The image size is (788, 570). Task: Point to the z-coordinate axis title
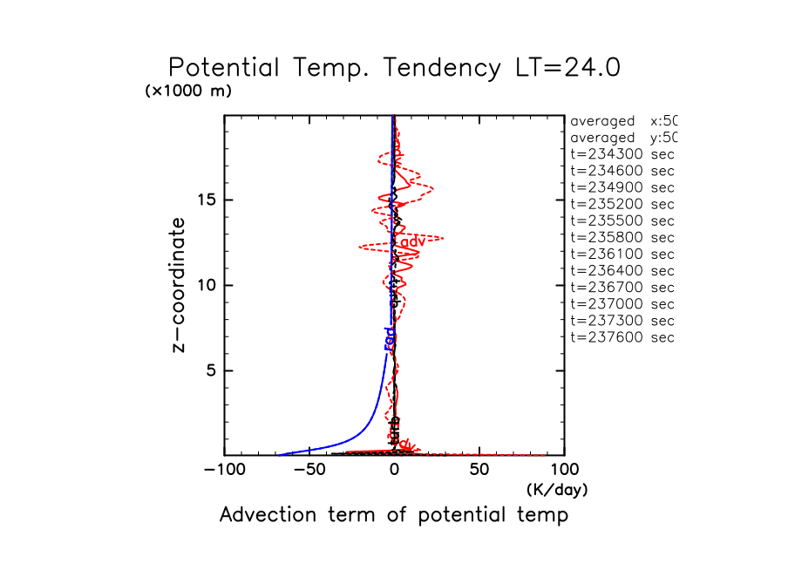tap(180, 285)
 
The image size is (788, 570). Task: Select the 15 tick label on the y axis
tap(207, 200)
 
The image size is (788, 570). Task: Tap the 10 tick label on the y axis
tap(207, 286)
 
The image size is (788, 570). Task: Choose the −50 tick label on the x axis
tap(309, 471)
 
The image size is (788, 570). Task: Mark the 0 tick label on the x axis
tap(394, 471)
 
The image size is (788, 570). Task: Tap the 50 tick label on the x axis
tap(479, 471)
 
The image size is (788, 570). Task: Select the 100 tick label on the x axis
tap(564, 471)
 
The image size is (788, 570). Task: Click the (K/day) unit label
tap(557, 491)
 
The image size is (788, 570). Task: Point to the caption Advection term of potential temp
tap(393, 515)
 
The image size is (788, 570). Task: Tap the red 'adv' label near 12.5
tap(412, 240)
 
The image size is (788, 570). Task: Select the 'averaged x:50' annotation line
tap(622, 121)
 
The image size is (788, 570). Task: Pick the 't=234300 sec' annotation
tap(622, 154)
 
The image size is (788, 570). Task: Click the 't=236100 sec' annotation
tap(622, 254)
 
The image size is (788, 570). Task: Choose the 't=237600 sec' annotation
tap(622, 337)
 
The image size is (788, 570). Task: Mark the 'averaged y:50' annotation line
tap(622, 138)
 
